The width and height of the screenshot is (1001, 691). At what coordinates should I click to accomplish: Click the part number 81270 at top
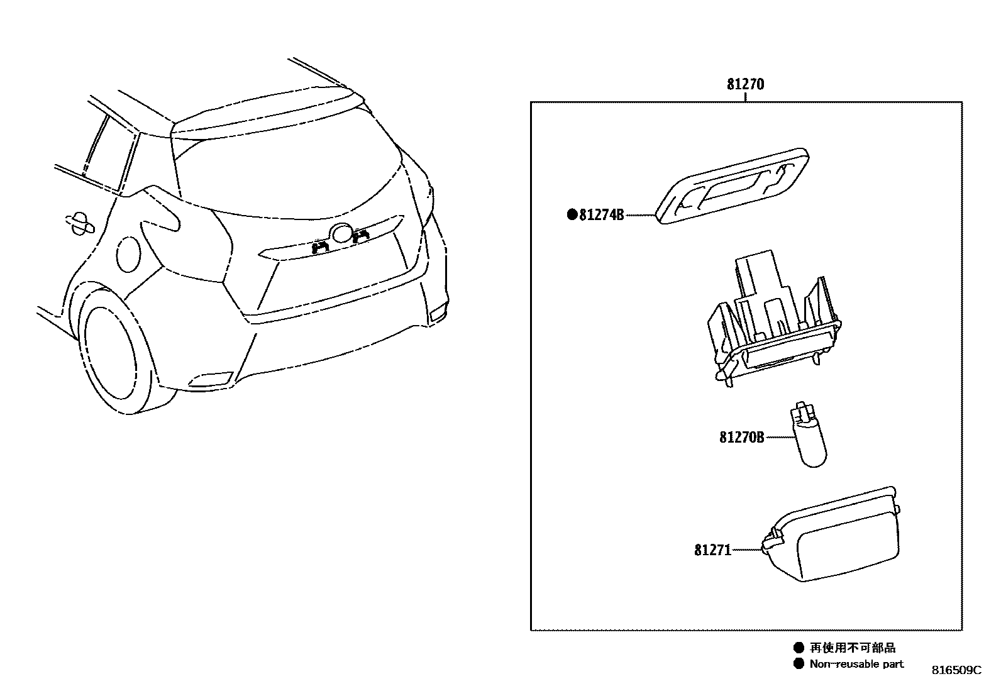(745, 84)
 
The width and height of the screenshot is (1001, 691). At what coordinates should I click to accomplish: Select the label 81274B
(601, 215)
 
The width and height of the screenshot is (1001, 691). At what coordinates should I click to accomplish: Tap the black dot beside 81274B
(572, 215)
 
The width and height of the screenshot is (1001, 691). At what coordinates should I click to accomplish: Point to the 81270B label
(742, 437)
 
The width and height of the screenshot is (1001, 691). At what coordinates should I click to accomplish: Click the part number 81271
(713, 550)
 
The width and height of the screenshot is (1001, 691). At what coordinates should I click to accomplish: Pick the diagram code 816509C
(956, 670)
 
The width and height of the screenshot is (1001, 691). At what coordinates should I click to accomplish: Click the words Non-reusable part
(856, 664)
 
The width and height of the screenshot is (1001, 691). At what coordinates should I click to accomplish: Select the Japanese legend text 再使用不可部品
(852, 648)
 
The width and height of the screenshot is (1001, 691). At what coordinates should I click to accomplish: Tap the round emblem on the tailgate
(343, 233)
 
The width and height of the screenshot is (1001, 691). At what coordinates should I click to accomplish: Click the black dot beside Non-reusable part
(799, 664)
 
